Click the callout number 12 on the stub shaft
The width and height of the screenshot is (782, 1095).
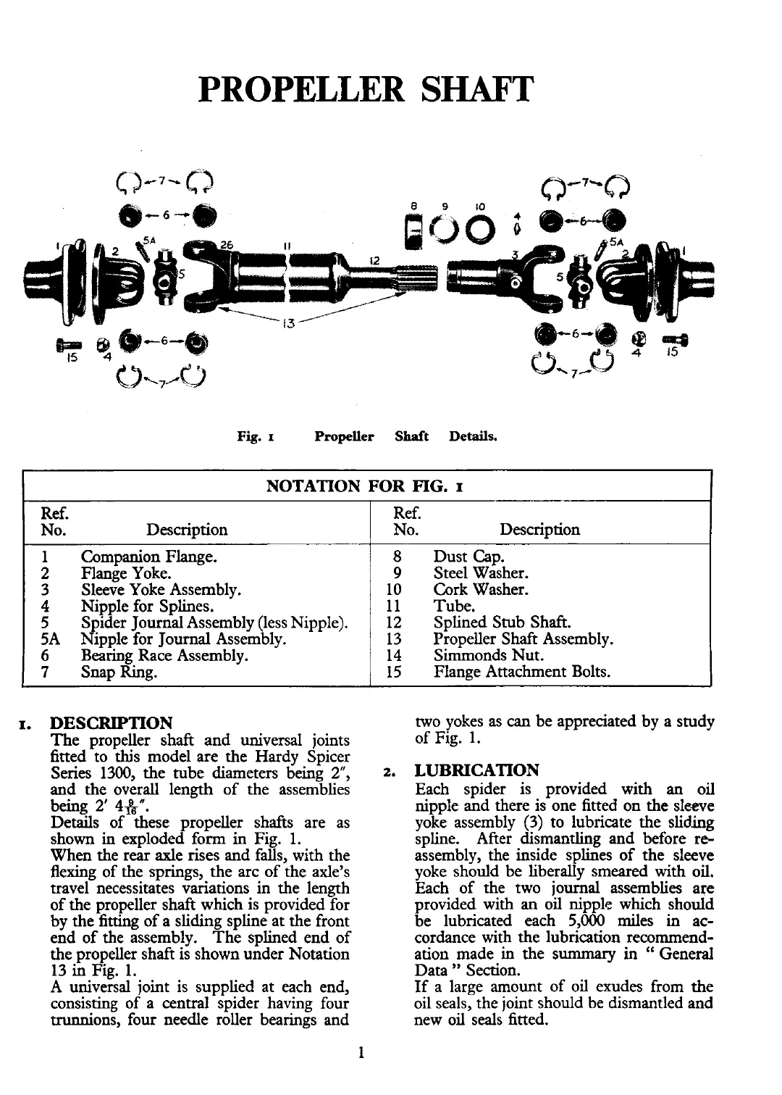374,259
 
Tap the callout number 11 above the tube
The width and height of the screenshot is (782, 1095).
287,245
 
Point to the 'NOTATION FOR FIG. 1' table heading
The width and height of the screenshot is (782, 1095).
366,486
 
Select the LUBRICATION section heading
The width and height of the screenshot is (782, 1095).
477,770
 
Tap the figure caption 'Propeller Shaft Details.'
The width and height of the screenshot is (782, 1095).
405,437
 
